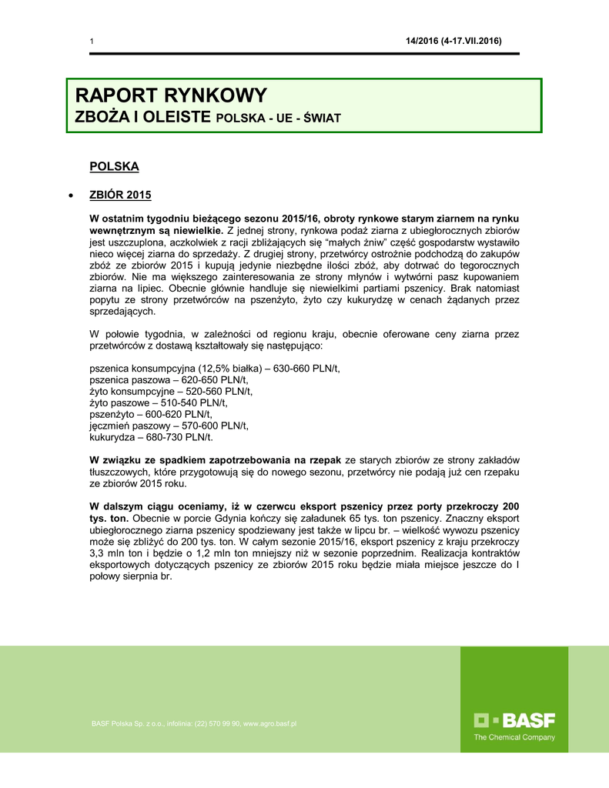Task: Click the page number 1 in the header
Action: coord(92,41)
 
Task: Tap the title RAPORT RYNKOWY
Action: coord(171,96)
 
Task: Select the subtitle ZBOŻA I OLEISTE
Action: coord(143,118)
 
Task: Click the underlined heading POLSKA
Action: coord(114,166)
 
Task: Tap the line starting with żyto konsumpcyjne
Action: coord(171,391)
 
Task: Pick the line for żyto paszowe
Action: coord(159,402)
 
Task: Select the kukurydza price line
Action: coord(152,437)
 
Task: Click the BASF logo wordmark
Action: coord(514,721)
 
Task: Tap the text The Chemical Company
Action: coord(514,737)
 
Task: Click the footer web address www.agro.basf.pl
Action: coord(270,724)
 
